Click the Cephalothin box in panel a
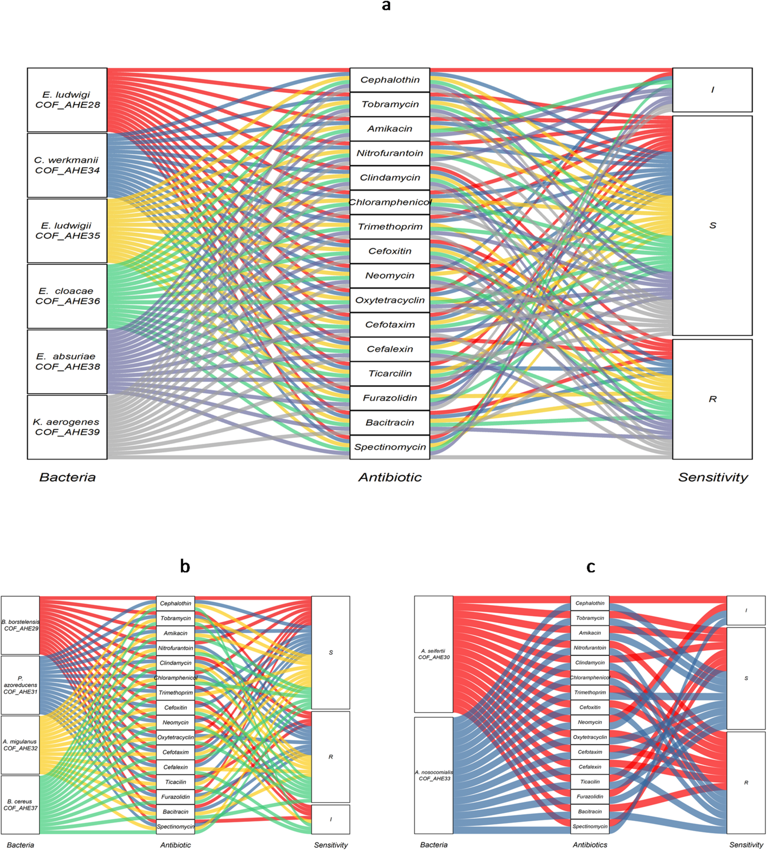coord(390,80)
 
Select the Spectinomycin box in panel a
coord(390,447)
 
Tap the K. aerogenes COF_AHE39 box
coord(67,427)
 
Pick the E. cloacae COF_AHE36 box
coord(67,296)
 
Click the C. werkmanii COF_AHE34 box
coord(67,166)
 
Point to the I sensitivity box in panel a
coord(712,90)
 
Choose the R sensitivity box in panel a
coord(712,399)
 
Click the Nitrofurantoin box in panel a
coord(390,153)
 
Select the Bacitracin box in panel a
coord(390,423)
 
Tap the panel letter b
coord(185,566)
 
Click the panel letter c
coord(591,566)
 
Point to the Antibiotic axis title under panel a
coord(390,478)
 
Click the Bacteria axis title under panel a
coord(67,478)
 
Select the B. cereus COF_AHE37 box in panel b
coord(20,805)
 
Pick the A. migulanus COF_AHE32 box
coord(20,745)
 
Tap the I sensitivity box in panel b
coord(331,819)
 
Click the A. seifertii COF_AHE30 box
coord(434,654)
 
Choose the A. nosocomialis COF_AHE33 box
coord(434,775)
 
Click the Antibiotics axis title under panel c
coord(590,845)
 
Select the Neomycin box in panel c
coord(590,722)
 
